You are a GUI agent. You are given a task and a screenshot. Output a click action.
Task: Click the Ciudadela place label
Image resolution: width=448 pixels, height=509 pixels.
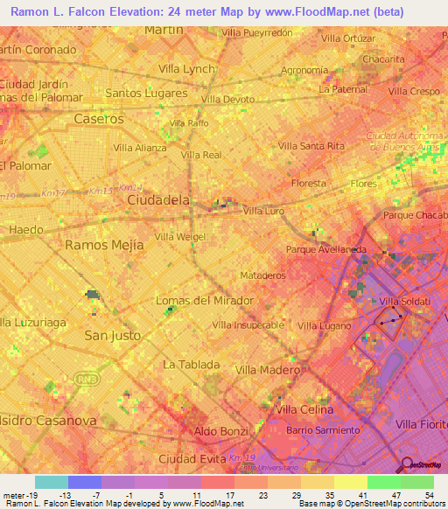(x=158, y=200)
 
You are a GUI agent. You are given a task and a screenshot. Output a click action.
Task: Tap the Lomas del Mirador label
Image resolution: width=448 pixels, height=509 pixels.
(x=204, y=301)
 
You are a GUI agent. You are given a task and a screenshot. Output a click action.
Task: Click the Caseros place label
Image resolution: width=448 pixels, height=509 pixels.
(x=99, y=118)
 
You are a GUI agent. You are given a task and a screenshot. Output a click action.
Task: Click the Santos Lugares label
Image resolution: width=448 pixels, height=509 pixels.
(x=146, y=93)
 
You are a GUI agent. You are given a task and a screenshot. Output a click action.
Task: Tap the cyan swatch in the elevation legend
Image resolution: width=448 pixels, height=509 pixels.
(x=51, y=482)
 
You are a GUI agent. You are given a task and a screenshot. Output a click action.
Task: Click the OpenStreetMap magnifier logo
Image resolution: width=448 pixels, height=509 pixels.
(x=405, y=464)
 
